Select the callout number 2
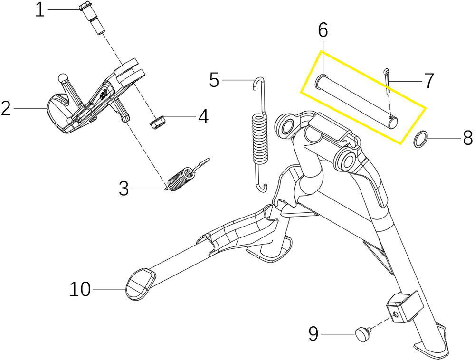(6, 109)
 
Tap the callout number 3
(123, 189)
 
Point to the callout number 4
(203, 116)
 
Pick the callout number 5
(214, 80)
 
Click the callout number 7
(429, 81)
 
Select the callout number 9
(313, 334)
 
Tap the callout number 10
(80, 289)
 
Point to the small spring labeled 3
(182, 177)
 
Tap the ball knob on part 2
(63, 78)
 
